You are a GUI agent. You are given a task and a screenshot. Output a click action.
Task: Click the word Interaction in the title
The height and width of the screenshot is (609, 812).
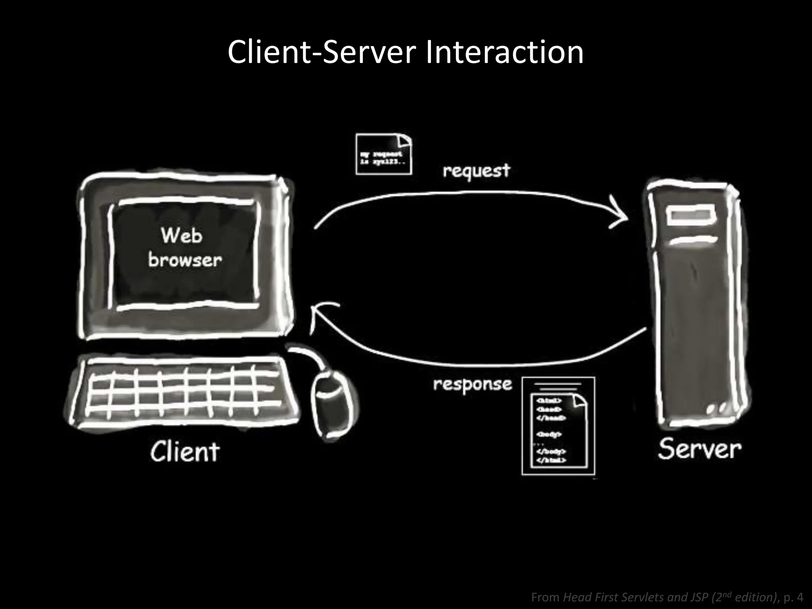(504, 52)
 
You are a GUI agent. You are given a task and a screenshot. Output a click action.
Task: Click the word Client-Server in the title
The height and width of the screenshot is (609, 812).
(322, 52)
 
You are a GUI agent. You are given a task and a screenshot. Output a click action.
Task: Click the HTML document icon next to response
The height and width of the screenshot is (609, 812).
(558, 426)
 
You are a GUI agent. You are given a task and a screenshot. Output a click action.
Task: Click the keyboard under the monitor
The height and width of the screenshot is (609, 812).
(182, 391)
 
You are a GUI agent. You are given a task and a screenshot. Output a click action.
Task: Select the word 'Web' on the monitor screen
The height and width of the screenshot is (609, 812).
(182, 236)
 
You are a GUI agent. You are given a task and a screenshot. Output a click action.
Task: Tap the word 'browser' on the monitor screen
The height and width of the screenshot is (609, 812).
(185, 260)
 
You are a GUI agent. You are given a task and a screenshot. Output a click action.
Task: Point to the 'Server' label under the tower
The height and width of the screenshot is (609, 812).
(699, 449)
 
